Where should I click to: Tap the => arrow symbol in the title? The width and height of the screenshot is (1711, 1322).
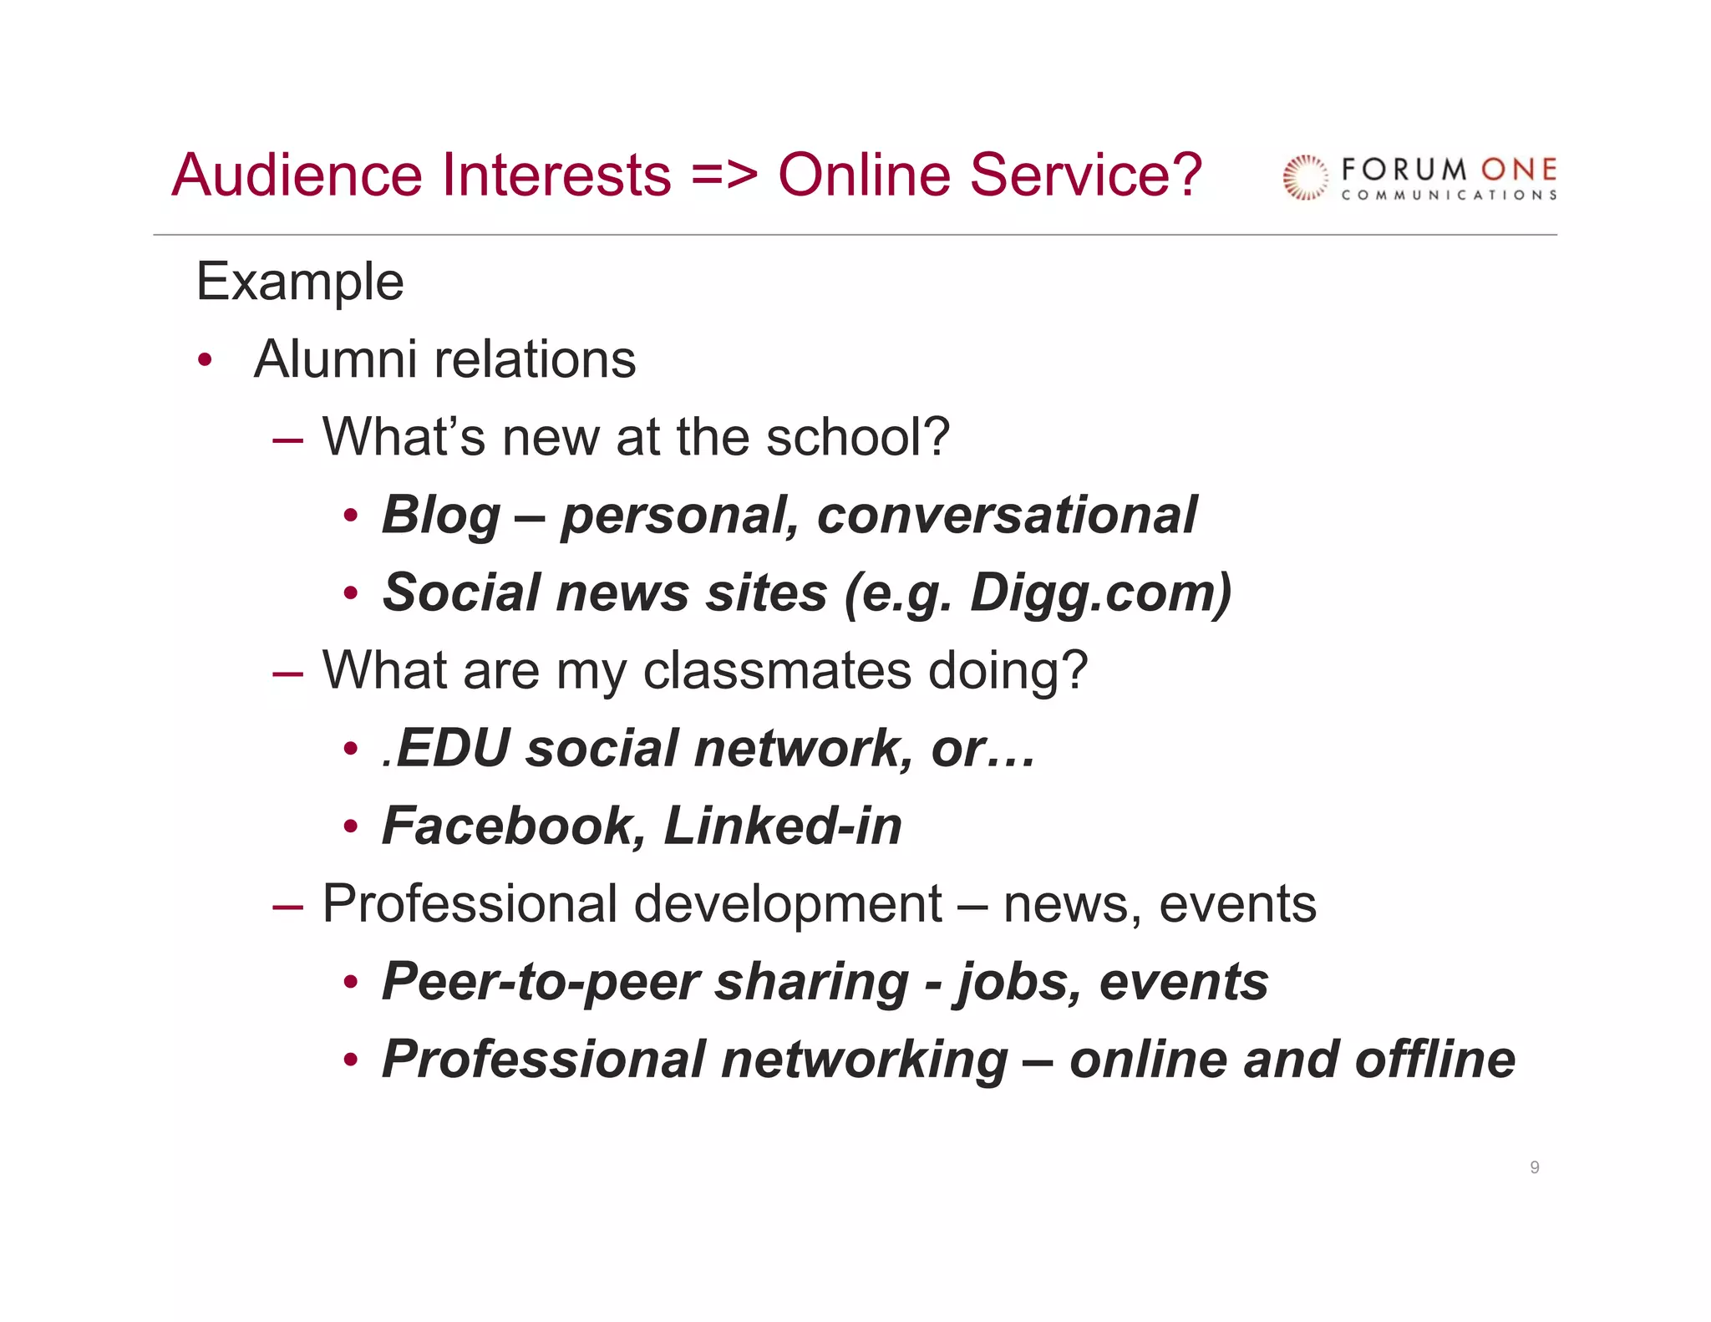[724, 176]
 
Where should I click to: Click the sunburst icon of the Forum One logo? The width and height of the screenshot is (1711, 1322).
[1305, 178]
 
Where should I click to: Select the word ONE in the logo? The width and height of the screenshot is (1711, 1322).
[1519, 170]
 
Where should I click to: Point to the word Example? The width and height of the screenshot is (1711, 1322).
[300, 282]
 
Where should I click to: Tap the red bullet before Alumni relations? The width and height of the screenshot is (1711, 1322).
[205, 361]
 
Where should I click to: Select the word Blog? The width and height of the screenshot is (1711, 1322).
[441, 516]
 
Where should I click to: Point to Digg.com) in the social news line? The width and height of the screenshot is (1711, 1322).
[1100, 593]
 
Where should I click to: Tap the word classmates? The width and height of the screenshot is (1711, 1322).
[777, 670]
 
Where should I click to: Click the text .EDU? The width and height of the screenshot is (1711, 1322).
[445, 748]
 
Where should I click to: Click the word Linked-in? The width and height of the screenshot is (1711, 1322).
[783, 826]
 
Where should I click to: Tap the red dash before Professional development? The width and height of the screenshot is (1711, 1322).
[287, 905]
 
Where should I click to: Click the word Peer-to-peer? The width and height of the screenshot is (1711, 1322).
[540, 982]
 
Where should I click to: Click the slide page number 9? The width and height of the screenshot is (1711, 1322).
[1535, 1167]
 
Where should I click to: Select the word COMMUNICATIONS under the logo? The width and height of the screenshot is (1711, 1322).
[1449, 196]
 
